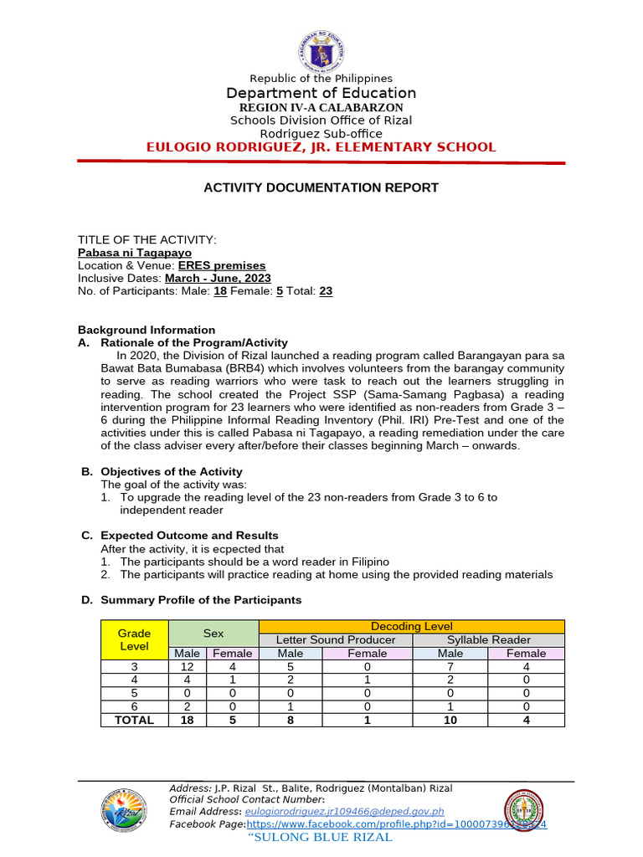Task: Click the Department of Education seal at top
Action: [321, 50]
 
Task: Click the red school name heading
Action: [321, 147]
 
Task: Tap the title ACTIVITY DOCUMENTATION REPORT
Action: [321, 187]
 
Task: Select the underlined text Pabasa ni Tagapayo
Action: [134, 252]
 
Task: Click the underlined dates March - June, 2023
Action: [218, 278]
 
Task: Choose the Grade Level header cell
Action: [134, 640]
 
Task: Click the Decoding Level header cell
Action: [411, 627]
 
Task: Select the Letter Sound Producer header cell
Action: [336, 640]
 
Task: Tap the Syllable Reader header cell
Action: [488, 640]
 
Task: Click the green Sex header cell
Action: [213, 634]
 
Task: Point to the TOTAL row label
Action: [134, 720]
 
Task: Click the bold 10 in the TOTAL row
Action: [450, 720]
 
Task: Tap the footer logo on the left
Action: [126, 813]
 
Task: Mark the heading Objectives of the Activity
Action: [161, 472]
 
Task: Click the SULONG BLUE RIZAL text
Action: [321, 838]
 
